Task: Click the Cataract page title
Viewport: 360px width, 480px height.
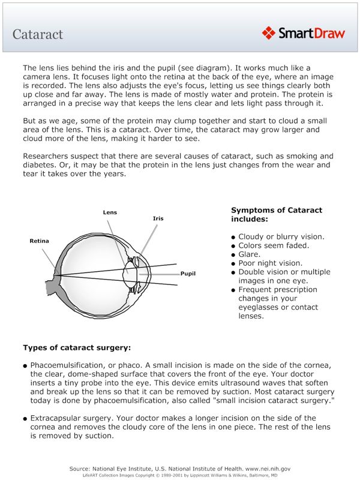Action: click(x=38, y=34)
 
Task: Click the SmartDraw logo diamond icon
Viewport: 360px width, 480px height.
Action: click(x=269, y=32)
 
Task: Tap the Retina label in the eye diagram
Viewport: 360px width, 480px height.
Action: click(x=40, y=241)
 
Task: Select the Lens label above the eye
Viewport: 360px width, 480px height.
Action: click(x=110, y=212)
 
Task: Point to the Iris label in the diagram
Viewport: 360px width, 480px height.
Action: click(x=158, y=218)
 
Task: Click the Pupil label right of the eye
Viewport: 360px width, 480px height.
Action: click(x=188, y=274)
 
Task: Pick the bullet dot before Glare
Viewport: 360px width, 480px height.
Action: click(x=233, y=255)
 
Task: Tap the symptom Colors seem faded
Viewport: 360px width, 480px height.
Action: click(x=274, y=245)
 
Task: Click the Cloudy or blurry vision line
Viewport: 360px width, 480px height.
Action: click(x=281, y=236)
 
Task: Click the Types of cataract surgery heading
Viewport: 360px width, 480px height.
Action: click(x=77, y=347)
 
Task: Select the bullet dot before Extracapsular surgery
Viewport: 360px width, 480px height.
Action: click(x=25, y=418)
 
